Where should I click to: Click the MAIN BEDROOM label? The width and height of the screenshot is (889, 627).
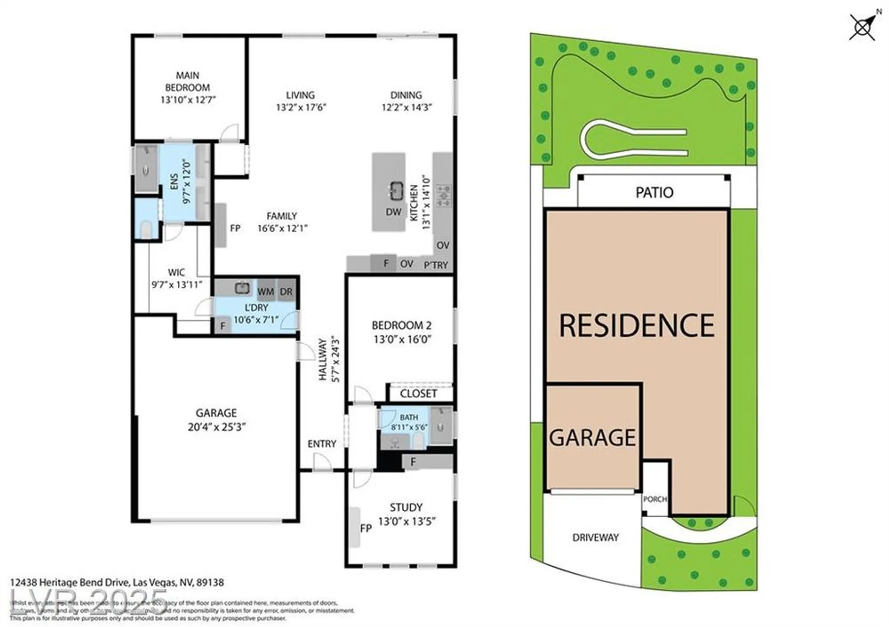(187, 81)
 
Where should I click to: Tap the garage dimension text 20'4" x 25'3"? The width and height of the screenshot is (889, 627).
(216, 427)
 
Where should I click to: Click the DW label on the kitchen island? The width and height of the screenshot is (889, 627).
(393, 212)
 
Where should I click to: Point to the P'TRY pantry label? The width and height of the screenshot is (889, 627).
(436, 265)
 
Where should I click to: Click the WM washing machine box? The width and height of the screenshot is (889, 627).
(265, 291)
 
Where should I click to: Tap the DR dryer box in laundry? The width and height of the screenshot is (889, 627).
(286, 291)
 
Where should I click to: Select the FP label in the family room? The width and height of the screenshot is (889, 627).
(235, 228)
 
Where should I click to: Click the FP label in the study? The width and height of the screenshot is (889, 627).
(365, 528)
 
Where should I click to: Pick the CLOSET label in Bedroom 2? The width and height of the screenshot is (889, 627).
(418, 393)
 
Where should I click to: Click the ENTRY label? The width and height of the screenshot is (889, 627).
(322, 444)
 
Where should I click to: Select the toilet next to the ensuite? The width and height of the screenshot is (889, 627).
(146, 230)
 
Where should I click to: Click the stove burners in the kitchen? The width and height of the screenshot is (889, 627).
(443, 196)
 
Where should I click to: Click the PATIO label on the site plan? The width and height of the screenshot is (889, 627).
(654, 192)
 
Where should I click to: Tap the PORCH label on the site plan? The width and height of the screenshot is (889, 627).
(655, 499)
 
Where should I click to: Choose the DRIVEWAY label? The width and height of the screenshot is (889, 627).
(595, 537)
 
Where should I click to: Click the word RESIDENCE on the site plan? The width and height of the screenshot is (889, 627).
(637, 325)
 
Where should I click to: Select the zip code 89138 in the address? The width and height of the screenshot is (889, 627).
(210, 582)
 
